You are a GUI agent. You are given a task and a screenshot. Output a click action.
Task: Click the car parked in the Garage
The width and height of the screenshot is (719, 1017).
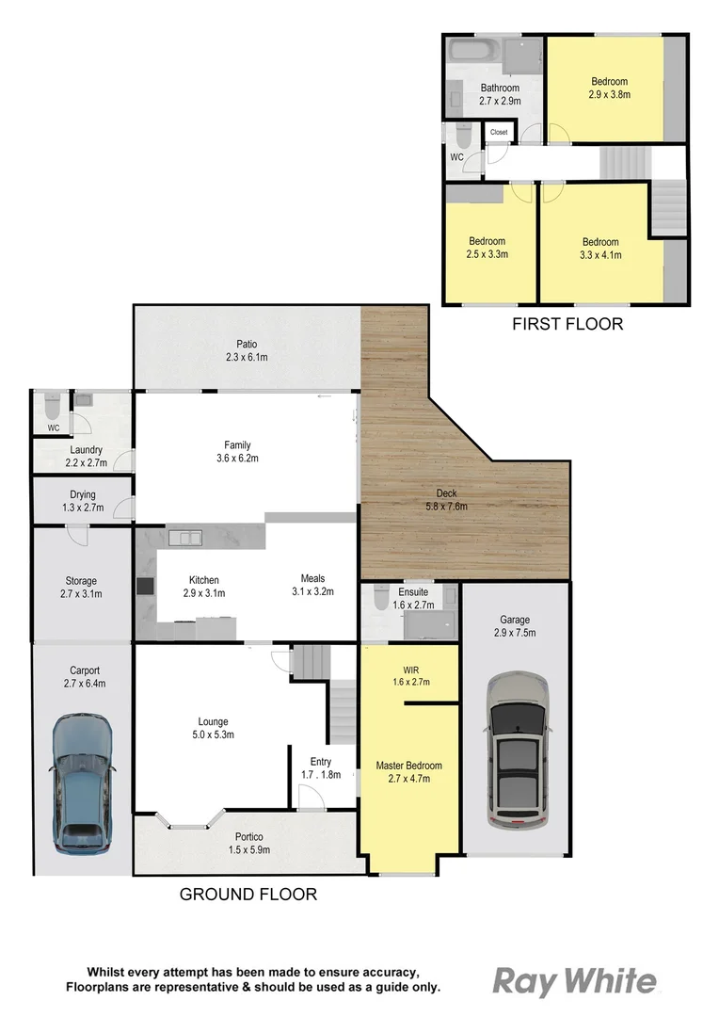coord(515,749)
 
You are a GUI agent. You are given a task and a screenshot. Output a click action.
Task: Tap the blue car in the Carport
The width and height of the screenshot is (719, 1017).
coord(82,782)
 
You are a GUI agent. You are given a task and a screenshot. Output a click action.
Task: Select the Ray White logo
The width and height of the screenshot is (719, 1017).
coord(575,981)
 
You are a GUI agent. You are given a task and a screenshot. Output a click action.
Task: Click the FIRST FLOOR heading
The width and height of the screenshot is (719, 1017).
coord(567,324)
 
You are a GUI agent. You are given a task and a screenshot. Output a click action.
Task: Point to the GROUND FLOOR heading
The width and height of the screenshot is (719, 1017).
coord(248,894)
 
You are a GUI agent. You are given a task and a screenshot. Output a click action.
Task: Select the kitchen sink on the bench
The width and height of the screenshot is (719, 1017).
coord(186,538)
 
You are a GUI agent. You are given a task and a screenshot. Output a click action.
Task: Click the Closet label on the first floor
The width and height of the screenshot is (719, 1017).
coord(499,133)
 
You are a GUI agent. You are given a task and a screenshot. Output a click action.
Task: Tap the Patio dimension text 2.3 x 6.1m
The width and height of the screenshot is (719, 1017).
coord(248,357)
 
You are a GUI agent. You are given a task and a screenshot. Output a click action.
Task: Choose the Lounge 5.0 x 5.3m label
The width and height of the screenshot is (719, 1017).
coord(213,728)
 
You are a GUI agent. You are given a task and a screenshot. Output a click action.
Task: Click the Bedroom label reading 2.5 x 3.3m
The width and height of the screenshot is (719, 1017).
coord(487,247)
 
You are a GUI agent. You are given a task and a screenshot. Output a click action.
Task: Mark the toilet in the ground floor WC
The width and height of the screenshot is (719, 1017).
coord(53,407)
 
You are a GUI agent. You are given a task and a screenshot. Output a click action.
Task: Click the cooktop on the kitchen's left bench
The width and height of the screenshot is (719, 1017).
coord(146,585)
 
